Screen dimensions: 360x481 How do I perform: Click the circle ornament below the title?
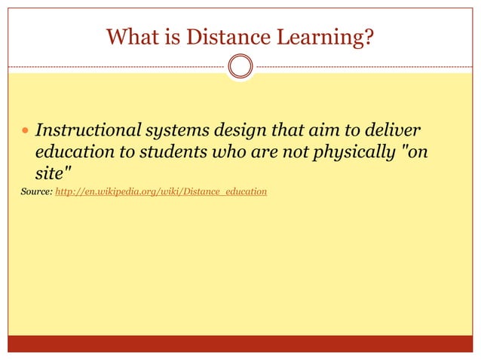point(240,67)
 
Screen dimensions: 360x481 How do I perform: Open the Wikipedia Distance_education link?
point(161,192)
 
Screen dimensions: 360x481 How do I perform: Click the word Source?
point(37,192)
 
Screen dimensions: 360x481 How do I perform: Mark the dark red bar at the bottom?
point(240,343)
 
